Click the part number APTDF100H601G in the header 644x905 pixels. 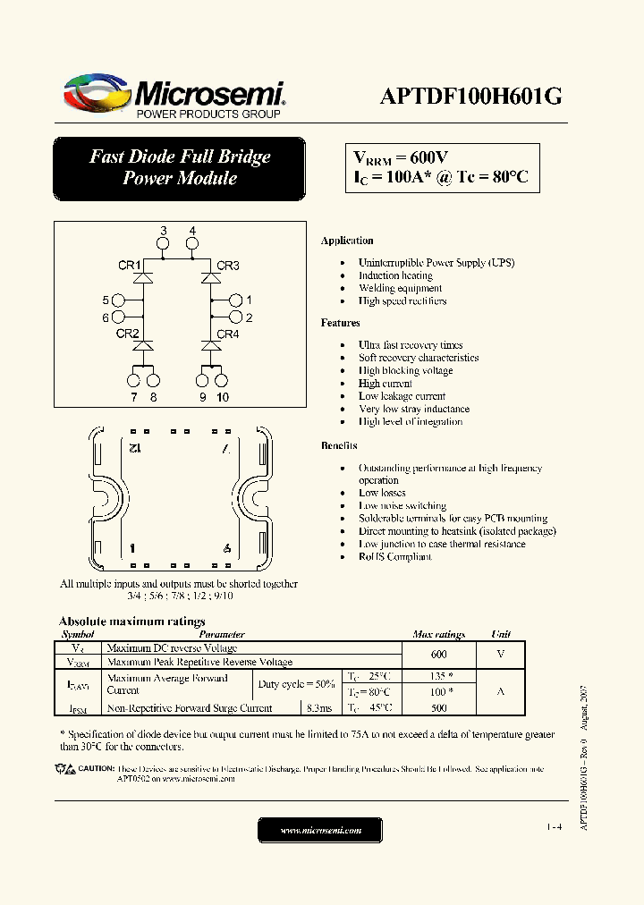coord(472,96)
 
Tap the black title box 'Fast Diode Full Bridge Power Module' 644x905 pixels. coord(179,167)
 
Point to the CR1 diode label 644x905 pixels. coord(129,266)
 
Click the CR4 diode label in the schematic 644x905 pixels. coord(228,334)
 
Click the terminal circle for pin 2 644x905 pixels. coord(235,317)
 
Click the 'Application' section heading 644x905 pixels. coord(347,241)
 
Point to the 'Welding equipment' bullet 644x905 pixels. coord(400,288)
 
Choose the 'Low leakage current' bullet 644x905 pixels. coord(402,396)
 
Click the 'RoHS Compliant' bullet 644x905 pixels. coord(394,556)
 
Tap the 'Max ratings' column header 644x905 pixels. coord(438,634)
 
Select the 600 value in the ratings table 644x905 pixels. coord(438,654)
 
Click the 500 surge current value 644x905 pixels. coord(438,707)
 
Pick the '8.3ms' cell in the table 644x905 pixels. coord(318,707)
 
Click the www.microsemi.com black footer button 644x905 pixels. coord(320,831)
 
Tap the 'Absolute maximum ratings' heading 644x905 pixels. coord(131,621)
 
